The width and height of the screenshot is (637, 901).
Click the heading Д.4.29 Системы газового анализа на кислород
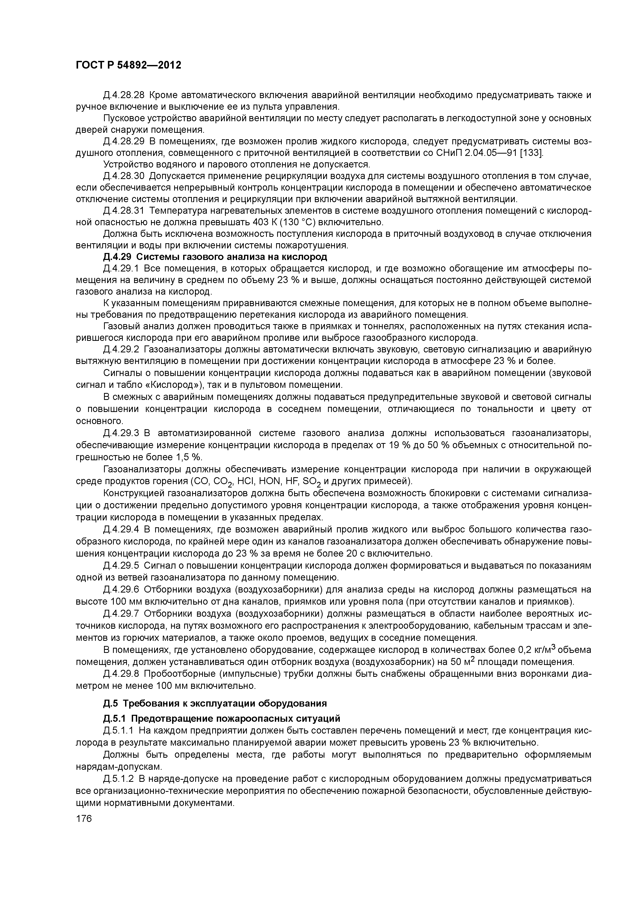point(215,257)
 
